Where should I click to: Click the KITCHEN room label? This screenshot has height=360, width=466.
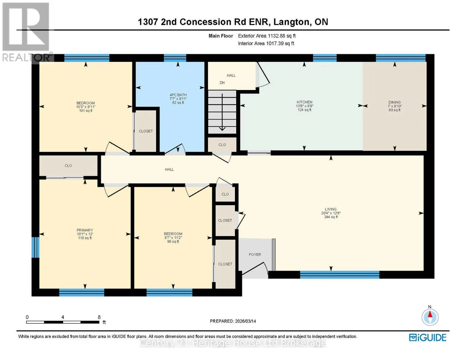[304, 102]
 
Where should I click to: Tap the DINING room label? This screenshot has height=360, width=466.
[395, 102]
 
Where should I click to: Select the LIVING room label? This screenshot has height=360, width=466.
[331, 209]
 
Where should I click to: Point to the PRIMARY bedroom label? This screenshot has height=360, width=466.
[85, 230]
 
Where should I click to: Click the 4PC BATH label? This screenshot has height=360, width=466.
[178, 95]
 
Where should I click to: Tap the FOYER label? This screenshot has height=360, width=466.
[255, 254]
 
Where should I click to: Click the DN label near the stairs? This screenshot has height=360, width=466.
[222, 82]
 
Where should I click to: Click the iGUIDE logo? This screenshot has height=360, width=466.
[428, 338]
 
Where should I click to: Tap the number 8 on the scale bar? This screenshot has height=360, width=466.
[99, 317]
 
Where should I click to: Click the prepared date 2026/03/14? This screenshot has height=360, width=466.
[245, 321]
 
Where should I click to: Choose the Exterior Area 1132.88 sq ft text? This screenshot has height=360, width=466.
[267, 36]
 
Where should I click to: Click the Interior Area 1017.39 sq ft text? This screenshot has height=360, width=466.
[266, 43]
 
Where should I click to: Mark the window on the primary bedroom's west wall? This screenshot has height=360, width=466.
[35, 247]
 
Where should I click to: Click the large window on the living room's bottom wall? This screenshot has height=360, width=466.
[339, 275]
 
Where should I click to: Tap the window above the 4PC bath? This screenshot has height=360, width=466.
[175, 58]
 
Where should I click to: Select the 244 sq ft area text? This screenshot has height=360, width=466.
[331, 217]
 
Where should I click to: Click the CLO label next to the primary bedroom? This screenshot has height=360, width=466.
[68, 166]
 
